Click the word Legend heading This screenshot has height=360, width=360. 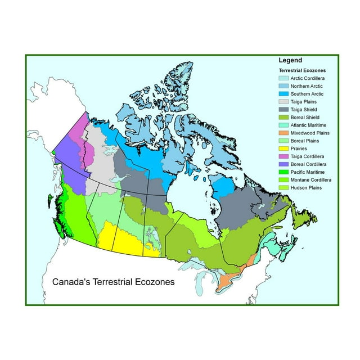tap(290, 60)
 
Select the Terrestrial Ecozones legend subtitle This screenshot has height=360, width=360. tap(304, 70)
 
